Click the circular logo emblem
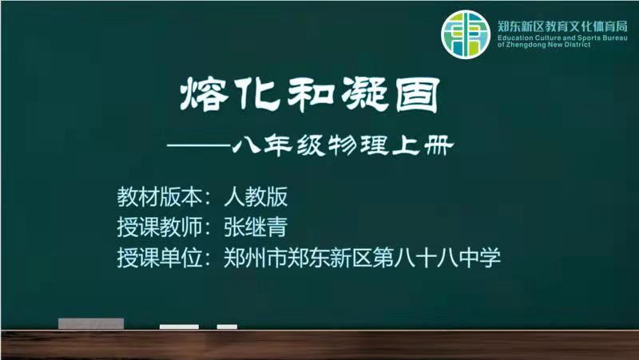466,34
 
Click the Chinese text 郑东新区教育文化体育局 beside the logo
562,27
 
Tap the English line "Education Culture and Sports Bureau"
562,38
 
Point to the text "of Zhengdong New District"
544,45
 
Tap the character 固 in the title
418,95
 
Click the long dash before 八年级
199,145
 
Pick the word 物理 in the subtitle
359,145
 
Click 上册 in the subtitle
423,145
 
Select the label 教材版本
159,196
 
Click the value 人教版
256,196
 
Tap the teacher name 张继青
256,227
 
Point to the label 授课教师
159,227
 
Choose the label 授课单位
159,258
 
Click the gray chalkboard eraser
91,324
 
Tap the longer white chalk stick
179,326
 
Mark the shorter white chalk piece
227,326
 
